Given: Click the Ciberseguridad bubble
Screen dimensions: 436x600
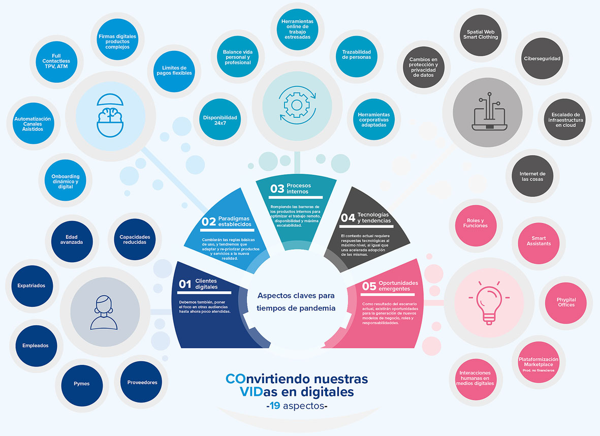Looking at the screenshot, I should [x=542, y=58].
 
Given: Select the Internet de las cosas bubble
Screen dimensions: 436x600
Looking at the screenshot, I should [x=532, y=176].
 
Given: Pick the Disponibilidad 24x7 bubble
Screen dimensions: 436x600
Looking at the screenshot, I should [x=220, y=120].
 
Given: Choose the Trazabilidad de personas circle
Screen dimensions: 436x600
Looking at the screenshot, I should [x=357, y=54].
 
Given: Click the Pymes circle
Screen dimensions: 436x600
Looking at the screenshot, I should [x=81, y=383].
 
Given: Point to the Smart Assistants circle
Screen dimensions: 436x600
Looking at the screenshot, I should [x=538, y=241].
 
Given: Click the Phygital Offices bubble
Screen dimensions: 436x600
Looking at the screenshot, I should [x=566, y=302].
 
